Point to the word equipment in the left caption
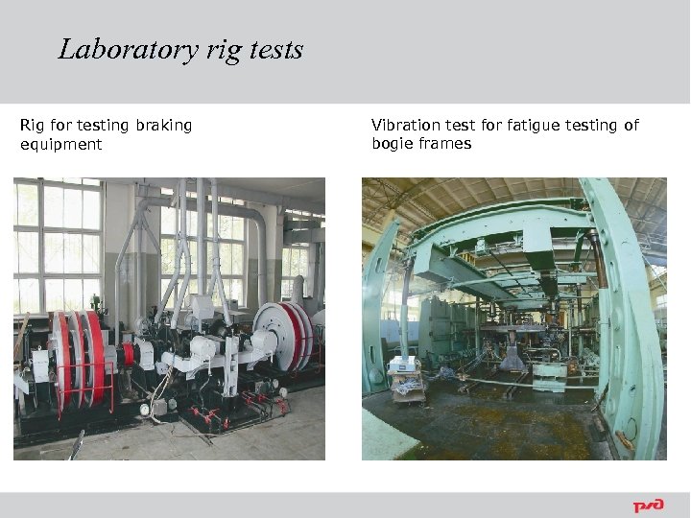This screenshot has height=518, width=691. point(60,145)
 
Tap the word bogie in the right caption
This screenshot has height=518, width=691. point(392,144)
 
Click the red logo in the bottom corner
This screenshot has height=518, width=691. point(648,506)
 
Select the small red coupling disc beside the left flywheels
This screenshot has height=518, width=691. point(128,354)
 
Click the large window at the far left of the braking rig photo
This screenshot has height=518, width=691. point(58,240)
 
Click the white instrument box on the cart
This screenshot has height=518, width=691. point(401,364)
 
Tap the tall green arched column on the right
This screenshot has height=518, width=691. point(629,317)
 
